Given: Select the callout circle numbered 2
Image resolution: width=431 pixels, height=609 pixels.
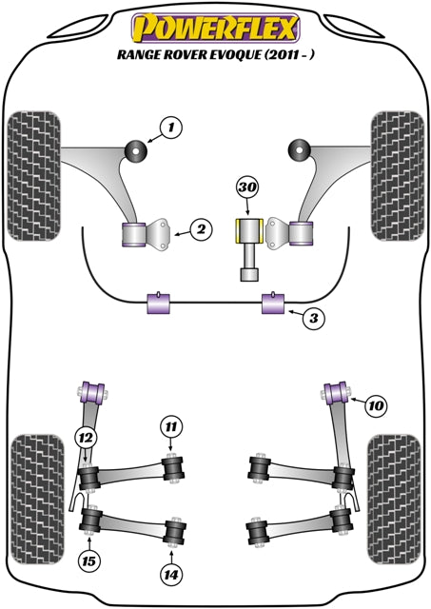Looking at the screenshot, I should coord(200,228).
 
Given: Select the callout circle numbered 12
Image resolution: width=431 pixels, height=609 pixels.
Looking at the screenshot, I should coord(87,437).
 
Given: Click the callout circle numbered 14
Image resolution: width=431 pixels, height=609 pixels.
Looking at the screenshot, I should coord(170,573).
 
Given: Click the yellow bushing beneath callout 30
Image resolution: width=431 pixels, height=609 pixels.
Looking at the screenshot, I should coord(247,232).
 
